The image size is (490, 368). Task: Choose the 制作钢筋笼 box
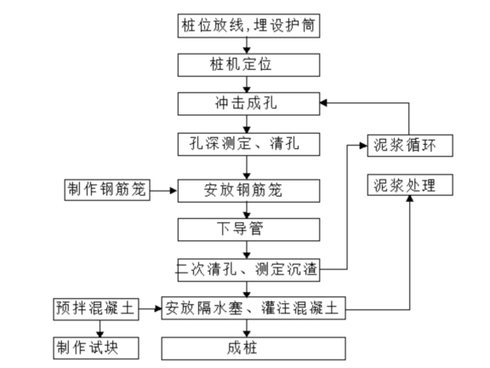point(105,189)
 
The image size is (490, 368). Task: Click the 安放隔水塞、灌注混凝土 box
point(254,308)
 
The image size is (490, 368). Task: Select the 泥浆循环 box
point(406,144)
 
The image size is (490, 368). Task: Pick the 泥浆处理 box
point(406,185)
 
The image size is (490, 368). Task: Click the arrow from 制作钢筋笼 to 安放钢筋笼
point(163,189)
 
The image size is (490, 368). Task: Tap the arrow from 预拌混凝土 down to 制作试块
point(101,328)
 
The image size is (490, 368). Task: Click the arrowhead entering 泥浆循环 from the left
point(362,145)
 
